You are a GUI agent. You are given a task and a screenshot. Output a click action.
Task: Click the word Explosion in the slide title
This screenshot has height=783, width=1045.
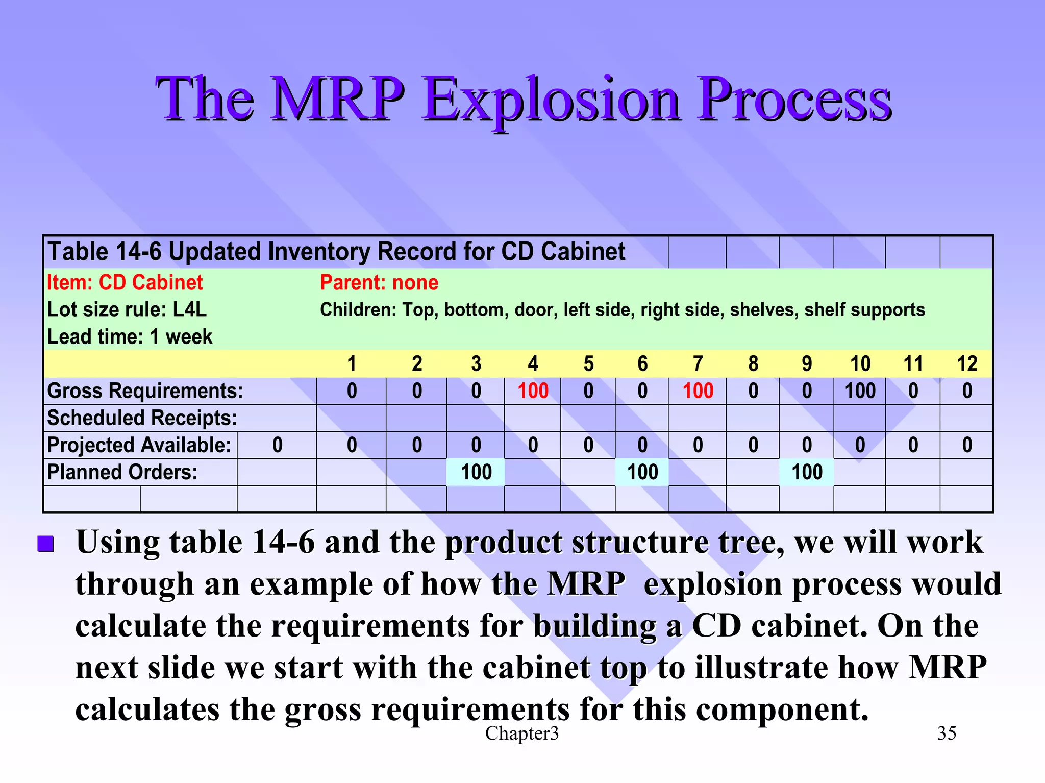551,100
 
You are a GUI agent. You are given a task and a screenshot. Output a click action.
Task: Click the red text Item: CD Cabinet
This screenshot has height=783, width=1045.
125,282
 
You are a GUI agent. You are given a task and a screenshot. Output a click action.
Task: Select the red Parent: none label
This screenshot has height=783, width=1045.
379,282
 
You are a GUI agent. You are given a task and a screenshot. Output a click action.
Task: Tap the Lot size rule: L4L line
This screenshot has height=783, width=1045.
127,310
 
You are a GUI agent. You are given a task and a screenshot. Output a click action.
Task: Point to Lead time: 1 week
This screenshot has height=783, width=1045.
130,337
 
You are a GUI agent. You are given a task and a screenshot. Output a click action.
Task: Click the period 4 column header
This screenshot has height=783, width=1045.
533,364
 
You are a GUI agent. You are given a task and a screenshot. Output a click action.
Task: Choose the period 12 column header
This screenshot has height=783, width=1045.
966,364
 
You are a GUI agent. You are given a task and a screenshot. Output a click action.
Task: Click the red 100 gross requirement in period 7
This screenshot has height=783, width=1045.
698,391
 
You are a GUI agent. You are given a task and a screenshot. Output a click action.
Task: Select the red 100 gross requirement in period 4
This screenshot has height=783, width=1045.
533,391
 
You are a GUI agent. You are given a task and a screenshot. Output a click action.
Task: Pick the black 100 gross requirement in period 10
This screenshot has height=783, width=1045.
860,391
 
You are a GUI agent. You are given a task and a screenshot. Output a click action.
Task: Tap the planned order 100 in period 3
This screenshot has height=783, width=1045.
476,472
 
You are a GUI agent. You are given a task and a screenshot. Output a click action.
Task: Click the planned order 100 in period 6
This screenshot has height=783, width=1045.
642,472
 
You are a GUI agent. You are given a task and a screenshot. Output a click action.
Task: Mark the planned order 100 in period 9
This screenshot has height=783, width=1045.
806,472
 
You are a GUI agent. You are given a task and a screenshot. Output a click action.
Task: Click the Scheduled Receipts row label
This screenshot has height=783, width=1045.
142,418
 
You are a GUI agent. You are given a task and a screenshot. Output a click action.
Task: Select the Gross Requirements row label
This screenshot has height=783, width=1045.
145,391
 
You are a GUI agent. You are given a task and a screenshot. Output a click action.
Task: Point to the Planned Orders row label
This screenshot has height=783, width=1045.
122,472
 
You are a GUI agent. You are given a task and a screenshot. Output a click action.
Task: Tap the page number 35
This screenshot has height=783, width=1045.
946,733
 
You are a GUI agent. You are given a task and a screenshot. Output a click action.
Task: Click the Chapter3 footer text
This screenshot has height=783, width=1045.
521,733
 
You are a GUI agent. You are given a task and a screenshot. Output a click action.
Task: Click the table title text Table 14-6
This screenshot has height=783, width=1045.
104,252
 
